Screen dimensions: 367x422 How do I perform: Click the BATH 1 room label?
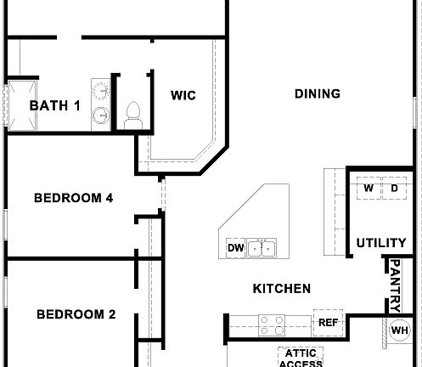click(54, 106)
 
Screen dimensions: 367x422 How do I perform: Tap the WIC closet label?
click(183, 95)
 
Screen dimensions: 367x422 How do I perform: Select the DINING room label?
click(318, 93)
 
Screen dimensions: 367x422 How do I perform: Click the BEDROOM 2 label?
click(76, 313)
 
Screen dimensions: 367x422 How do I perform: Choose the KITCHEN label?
click(282, 289)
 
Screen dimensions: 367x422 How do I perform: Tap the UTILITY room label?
click(381, 243)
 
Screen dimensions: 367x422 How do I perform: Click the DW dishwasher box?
click(235, 248)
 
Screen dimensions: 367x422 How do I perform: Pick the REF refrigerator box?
click(328, 323)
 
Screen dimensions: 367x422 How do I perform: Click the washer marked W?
click(369, 188)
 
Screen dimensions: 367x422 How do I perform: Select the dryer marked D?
click(395, 188)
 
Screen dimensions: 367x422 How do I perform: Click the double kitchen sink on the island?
click(264, 248)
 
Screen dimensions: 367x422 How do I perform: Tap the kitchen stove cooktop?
click(272, 324)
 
